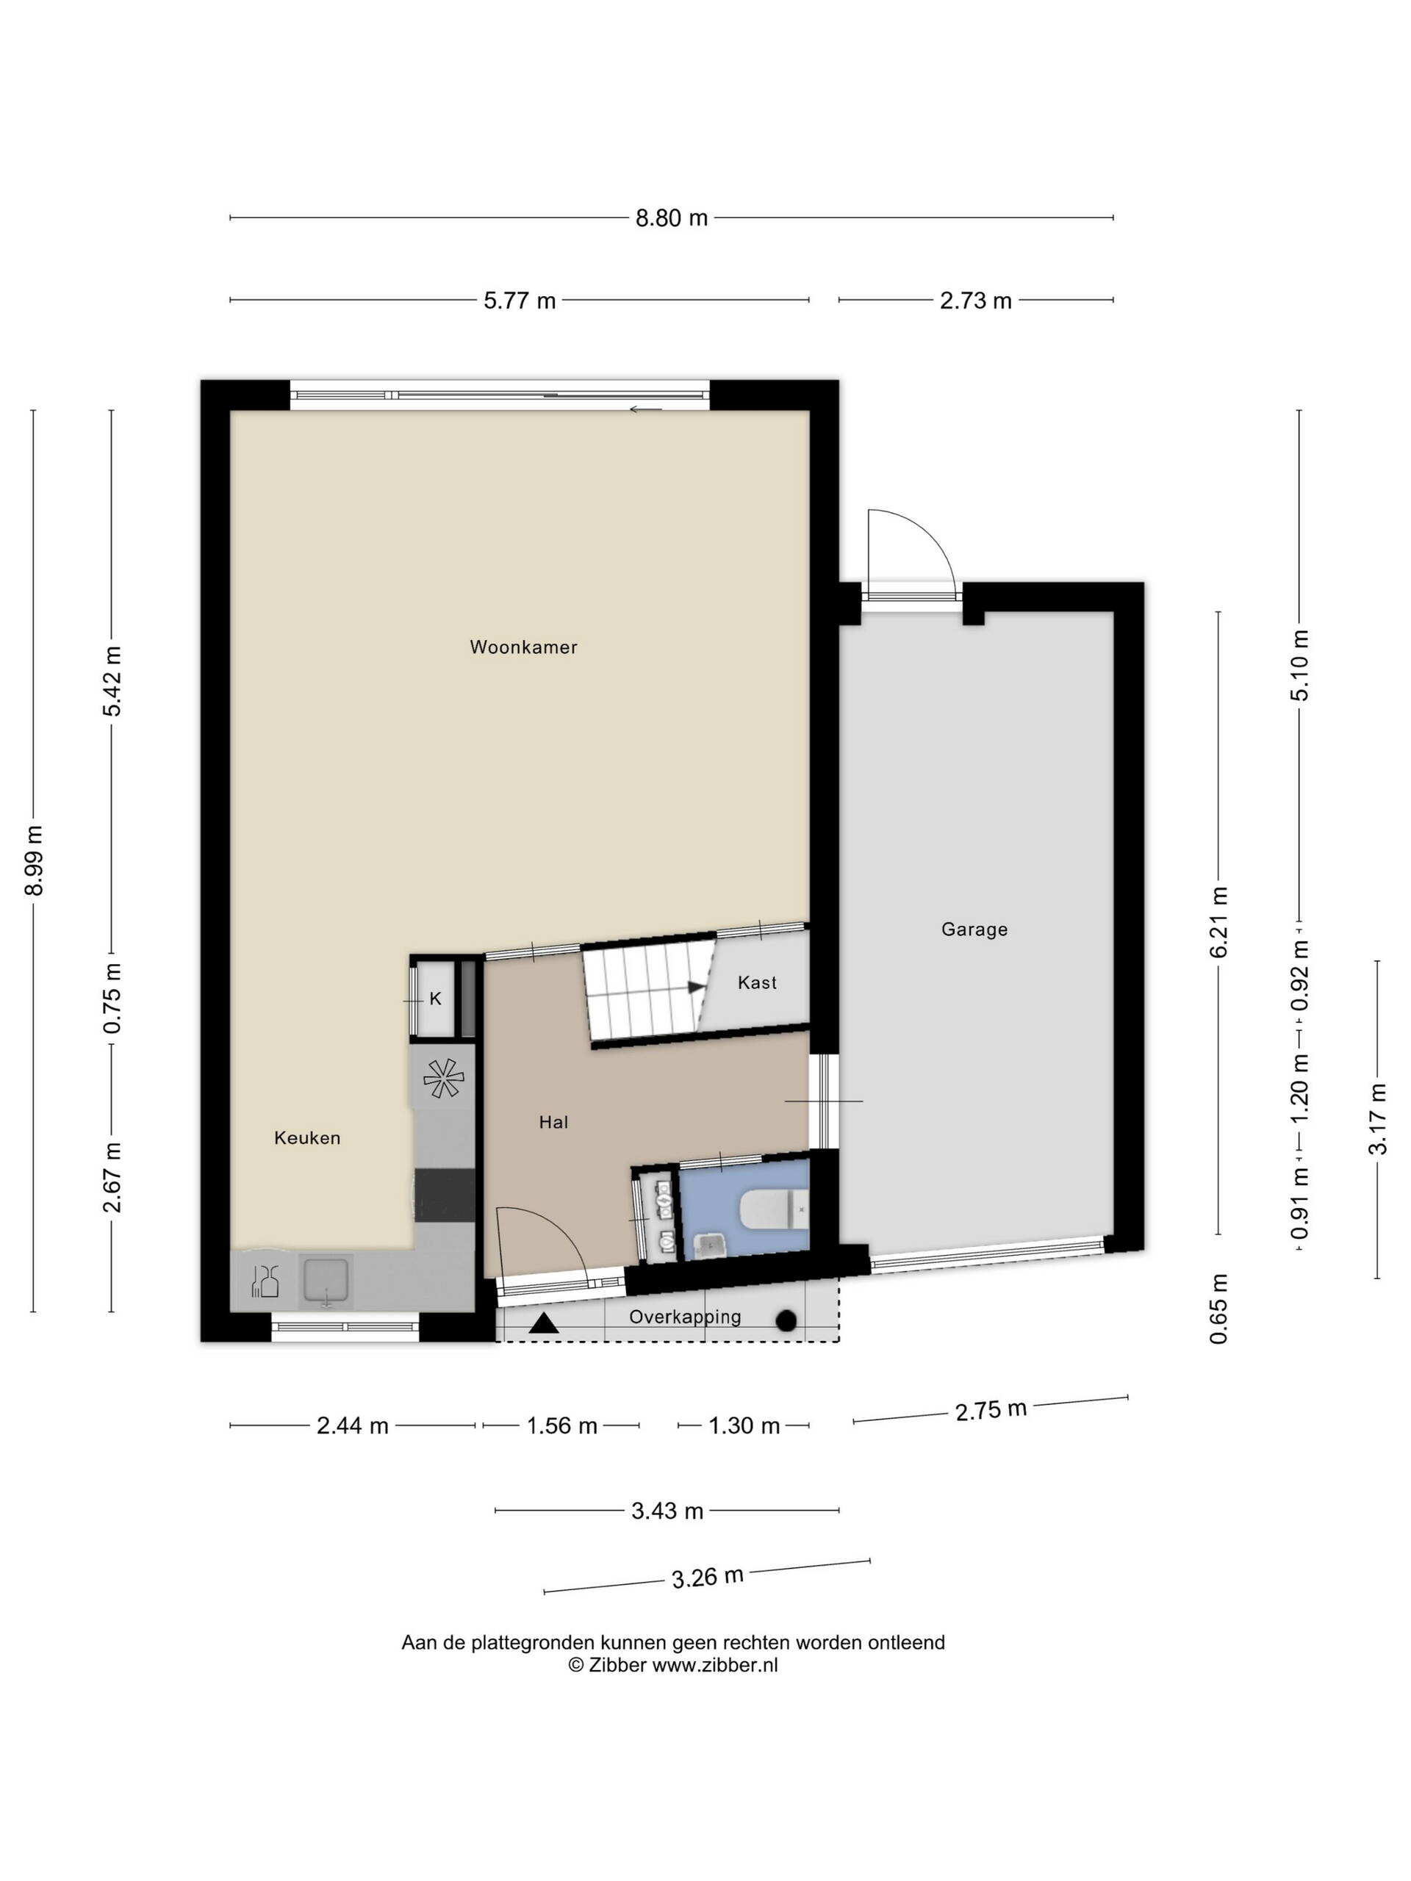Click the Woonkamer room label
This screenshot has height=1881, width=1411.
pos(523,647)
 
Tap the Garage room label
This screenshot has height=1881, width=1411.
pos(974,929)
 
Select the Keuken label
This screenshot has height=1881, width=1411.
pos(307,1137)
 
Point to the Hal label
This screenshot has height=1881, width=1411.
pos(553,1123)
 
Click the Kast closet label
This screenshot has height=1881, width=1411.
pos(757,983)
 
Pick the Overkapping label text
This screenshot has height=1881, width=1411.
pos(685,1317)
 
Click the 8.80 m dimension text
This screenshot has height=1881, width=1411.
pos(671,218)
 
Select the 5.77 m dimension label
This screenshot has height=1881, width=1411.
pos(520,301)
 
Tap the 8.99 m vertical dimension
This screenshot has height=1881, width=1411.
pos(34,860)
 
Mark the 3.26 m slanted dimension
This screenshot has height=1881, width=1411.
pos(708,1578)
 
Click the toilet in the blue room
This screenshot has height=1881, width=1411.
pos(774,1209)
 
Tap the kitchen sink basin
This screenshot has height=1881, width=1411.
pos(326,1281)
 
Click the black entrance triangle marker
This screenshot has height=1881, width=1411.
pos(544,1324)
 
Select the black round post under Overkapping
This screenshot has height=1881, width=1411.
pos(787,1320)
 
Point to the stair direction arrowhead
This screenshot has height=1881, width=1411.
pos(697,988)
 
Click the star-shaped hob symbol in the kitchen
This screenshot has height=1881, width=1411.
pos(443,1078)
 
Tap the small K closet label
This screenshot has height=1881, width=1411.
pos(436,999)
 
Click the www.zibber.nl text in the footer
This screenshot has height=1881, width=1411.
pos(714,1665)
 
